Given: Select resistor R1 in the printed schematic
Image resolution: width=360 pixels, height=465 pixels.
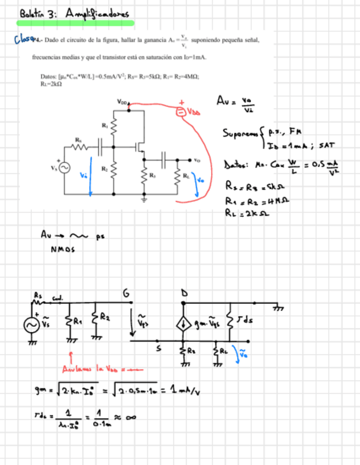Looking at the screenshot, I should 114,127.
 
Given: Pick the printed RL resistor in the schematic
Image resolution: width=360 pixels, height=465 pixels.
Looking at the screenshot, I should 178,177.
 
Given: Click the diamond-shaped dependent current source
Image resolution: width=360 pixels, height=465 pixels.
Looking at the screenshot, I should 182,324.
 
